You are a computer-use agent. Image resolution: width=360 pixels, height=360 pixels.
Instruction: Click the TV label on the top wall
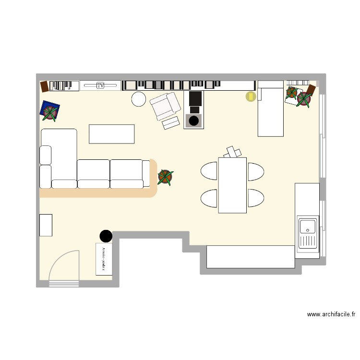(100, 85)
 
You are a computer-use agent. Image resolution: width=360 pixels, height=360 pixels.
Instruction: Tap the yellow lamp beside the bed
(251, 96)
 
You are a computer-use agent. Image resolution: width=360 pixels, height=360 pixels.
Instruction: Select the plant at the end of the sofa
(165, 177)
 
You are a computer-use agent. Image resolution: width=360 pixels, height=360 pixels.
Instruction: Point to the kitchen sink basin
(307, 225)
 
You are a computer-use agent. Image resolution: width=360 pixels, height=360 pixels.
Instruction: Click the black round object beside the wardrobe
(106, 236)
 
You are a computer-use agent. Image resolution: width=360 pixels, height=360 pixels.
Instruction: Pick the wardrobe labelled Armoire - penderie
(104, 259)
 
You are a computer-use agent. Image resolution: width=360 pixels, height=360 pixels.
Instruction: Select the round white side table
(139, 99)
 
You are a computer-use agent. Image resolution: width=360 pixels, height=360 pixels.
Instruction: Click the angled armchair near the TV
(164, 106)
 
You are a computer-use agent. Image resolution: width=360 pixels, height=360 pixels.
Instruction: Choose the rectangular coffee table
(111, 134)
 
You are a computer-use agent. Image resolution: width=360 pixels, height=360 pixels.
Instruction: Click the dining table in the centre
(232, 185)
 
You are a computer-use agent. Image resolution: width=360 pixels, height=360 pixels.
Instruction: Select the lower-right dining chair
(255, 198)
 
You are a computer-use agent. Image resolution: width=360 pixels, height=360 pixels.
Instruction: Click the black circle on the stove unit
(193, 121)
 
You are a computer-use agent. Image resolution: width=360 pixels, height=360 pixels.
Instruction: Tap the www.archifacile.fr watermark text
(331, 315)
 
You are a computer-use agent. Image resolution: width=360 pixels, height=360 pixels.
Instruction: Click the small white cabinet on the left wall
(46, 225)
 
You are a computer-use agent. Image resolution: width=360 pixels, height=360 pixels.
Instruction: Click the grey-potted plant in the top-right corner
(304, 99)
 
